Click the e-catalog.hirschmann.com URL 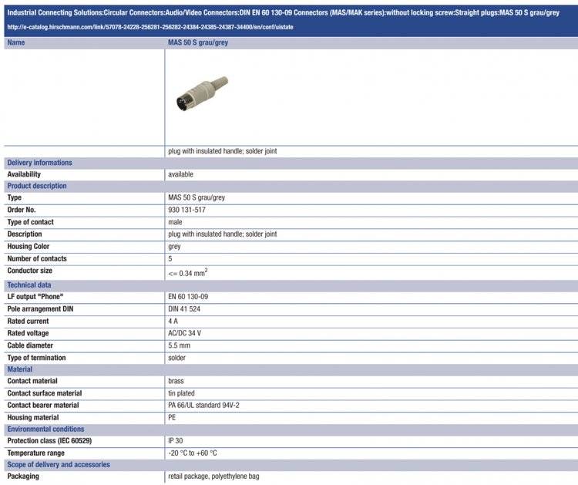point(150,27)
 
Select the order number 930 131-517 point(187,210)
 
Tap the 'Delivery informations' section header point(39,163)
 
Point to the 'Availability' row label point(24,174)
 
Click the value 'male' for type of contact point(176,222)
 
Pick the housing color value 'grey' point(175,247)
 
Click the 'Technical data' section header point(29,285)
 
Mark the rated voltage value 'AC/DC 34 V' point(185,334)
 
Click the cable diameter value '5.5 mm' point(179,345)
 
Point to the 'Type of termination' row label point(36,358)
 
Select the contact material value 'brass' point(176,381)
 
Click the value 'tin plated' point(182,393)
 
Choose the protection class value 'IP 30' point(176,441)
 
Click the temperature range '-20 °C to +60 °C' point(193,453)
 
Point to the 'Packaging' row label point(23,477)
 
